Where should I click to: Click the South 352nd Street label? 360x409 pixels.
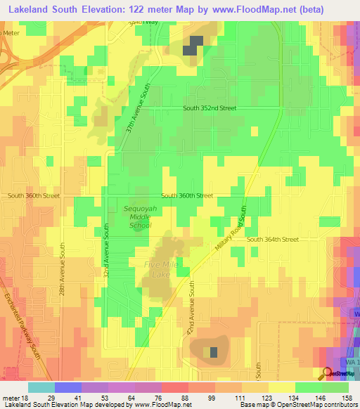tap(210, 108)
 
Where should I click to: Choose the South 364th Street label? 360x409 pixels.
tap(273, 240)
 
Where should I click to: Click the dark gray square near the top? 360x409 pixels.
tap(193, 45)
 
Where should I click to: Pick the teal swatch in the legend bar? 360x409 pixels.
tap(41, 387)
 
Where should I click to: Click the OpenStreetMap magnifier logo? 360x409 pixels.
tap(326, 373)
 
